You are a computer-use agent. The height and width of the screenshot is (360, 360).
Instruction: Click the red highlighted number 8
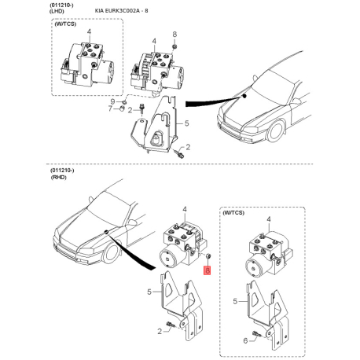[208, 270]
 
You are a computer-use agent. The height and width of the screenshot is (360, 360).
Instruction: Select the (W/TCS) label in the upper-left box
[68, 25]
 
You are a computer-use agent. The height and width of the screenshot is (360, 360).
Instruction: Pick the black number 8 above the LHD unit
[175, 35]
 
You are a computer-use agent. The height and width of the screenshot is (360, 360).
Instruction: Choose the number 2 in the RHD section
[159, 333]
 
